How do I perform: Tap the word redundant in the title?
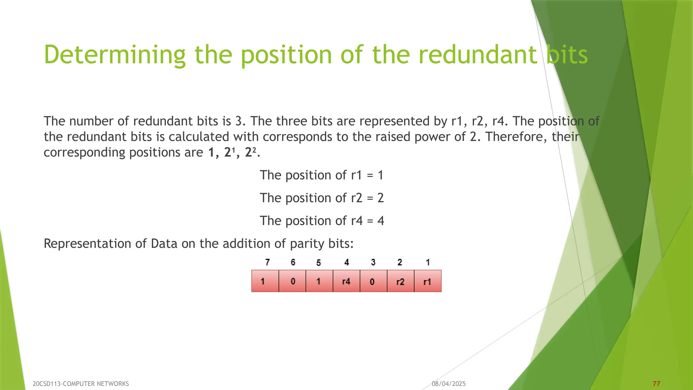point(477,55)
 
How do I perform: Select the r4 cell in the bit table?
point(346,281)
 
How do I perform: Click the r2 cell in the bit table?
point(400,281)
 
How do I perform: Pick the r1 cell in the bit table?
point(427,281)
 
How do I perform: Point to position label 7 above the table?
point(267,262)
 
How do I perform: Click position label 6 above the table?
point(293,262)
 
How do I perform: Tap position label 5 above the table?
point(318,263)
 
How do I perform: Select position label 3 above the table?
point(373,262)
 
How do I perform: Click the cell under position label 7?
point(265,281)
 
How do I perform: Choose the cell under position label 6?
point(292,281)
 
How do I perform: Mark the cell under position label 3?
point(373,281)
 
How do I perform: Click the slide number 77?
point(656,384)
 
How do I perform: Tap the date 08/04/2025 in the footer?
point(448,384)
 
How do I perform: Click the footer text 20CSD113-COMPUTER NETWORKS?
point(81,384)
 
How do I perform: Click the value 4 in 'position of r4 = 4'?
point(381,221)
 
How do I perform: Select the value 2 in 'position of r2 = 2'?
point(380,198)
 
